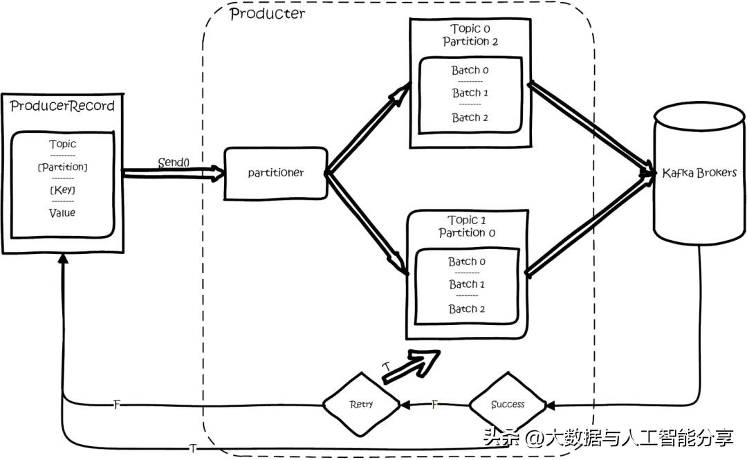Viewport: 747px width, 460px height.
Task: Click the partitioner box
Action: coord(275,173)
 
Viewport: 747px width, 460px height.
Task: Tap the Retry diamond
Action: coord(361,404)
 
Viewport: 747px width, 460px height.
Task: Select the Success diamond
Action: coord(508,404)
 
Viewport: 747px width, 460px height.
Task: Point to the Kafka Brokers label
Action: coord(699,172)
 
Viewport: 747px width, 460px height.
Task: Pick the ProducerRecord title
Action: coord(62,106)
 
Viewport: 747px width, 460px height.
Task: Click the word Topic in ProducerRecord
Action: coord(62,145)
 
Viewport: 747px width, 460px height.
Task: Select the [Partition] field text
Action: coord(62,167)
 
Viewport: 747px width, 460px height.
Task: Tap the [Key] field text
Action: coord(62,190)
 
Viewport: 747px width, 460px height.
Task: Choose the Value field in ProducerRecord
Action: coord(62,212)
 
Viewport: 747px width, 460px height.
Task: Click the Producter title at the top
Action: coord(267,14)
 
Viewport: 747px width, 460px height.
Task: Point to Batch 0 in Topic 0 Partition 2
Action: coord(470,71)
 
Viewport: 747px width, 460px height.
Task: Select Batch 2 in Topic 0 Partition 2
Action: coord(470,118)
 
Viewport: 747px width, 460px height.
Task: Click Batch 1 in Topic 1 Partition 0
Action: coord(467,284)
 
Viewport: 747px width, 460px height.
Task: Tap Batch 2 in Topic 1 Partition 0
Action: coord(467,309)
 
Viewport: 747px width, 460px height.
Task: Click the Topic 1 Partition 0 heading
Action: coord(467,227)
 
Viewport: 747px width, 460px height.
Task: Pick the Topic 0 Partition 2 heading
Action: coord(470,35)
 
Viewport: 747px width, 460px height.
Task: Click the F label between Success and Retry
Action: coord(434,404)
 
